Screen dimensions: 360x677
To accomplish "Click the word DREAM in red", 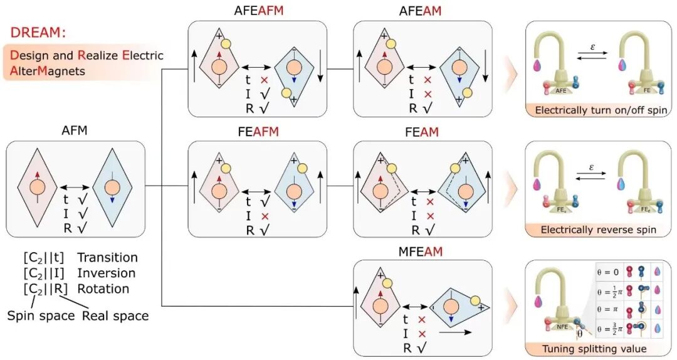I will click(38, 31).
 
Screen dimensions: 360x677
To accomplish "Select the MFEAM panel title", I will click(420, 252).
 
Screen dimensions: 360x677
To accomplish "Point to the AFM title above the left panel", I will click(75, 132).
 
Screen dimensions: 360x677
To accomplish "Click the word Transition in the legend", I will click(107, 257).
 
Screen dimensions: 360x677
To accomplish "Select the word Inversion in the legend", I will click(107, 273).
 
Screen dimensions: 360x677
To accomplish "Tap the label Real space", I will click(115, 315).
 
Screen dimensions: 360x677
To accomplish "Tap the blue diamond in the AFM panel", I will click(112, 188).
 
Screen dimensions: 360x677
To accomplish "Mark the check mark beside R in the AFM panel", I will click(81, 229).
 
